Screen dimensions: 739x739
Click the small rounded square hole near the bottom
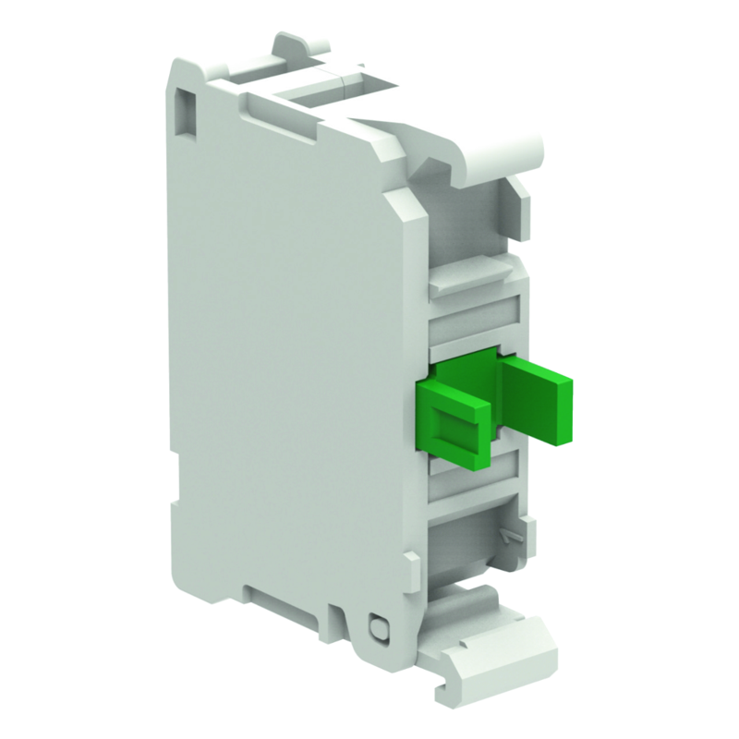tap(376, 629)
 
